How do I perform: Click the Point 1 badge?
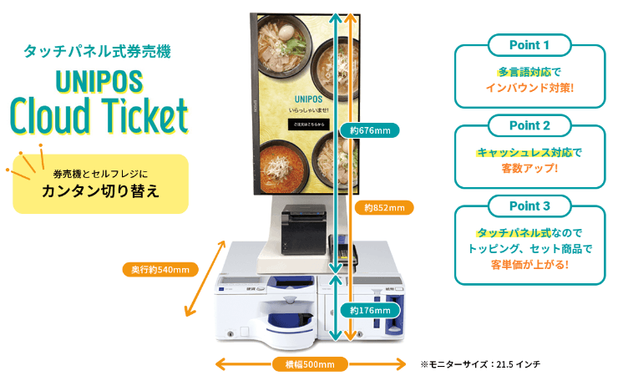pos(529,44)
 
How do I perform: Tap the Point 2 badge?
pos(529,125)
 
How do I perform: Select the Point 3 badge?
pos(529,206)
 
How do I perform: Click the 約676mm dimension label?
pos(370,130)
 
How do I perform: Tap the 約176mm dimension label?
pos(370,310)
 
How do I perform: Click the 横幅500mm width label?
pos(304,363)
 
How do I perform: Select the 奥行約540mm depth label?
pos(159,269)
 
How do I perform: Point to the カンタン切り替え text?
pos(100,189)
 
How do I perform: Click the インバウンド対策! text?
pos(529,87)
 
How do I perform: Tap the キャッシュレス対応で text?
pos(529,152)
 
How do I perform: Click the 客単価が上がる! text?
pos(529,265)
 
